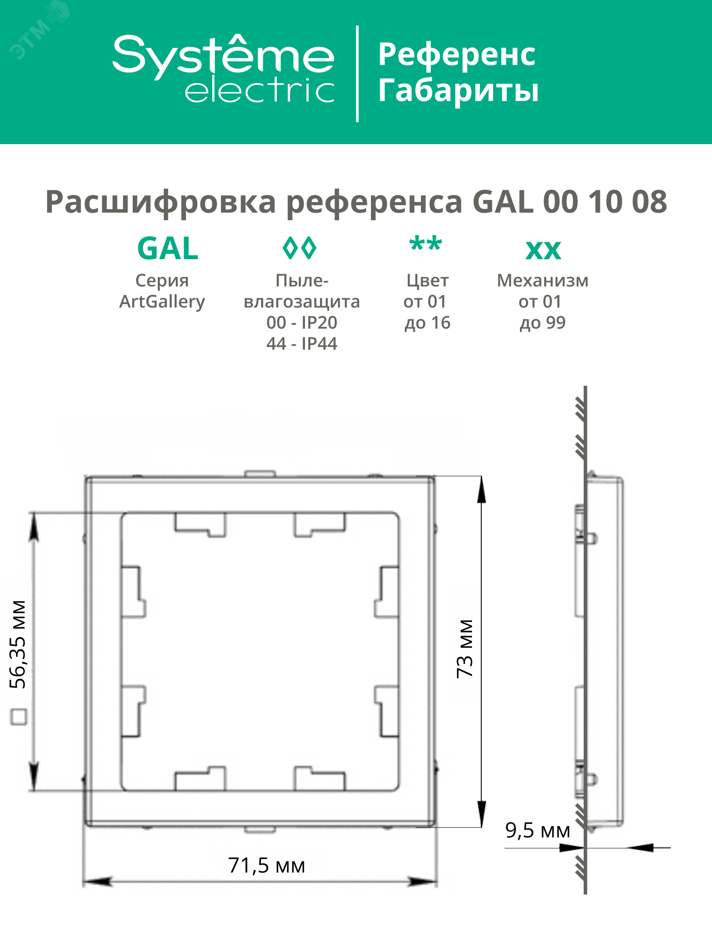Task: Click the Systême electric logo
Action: tap(223, 69)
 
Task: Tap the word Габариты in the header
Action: tap(458, 91)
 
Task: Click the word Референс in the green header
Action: tap(457, 55)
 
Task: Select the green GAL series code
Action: tap(168, 249)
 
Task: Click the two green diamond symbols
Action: tap(299, 248)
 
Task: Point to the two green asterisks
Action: tap(425, 244)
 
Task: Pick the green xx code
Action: tap(543, 250)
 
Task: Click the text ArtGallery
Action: tap(162, 302)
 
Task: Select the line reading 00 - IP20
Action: tap(302, 323)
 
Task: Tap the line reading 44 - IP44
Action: tap(302, 344)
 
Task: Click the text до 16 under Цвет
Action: tap(427, 323)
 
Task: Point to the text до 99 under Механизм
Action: tap(542, 323)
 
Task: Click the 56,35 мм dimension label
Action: tap(18, 644)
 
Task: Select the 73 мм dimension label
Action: tap(465, 648)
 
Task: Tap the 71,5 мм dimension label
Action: tap(266, 866)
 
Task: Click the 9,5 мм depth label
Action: tap(537, 830)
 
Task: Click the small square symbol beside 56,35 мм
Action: tap(18, 717)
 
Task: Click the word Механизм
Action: tap(542, 281)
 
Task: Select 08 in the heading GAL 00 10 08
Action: tap(649, 202)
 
